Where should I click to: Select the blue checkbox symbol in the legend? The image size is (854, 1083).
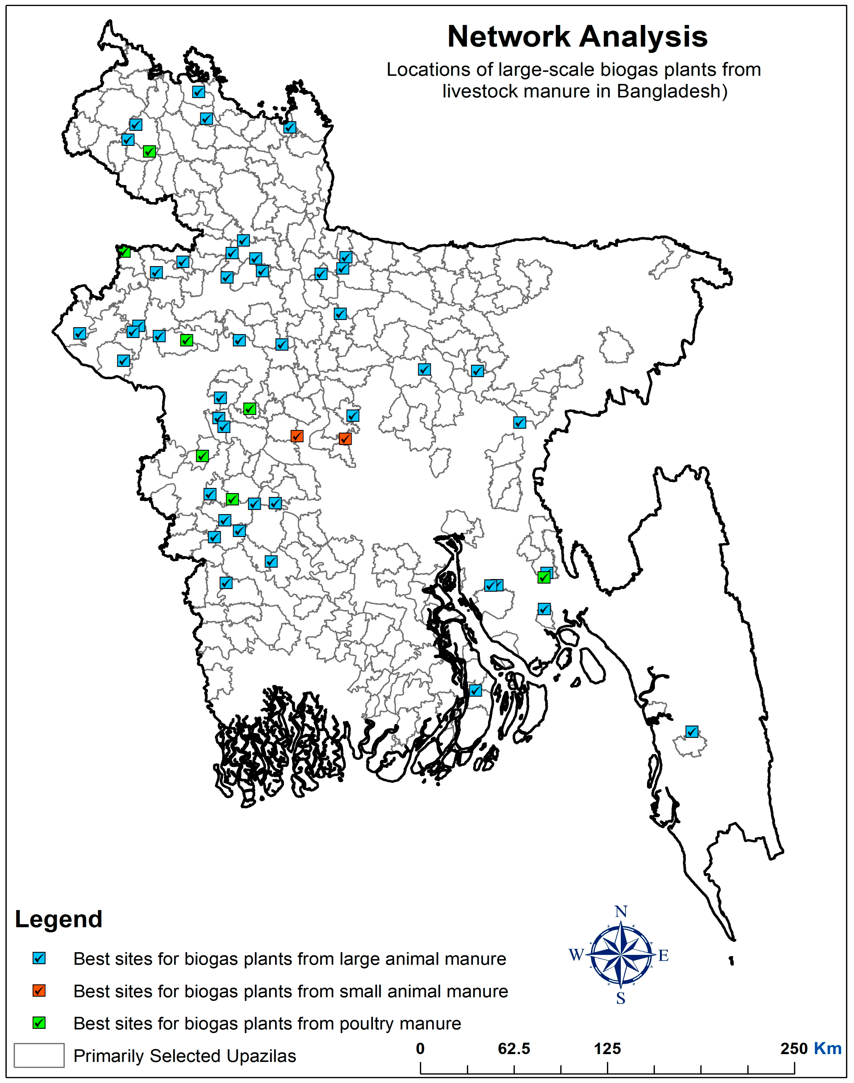point(39,958)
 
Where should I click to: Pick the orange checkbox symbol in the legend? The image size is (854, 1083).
point(39,991)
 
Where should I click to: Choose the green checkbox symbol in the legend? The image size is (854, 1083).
point(39,1022)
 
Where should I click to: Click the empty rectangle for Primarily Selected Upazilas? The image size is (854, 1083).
point(39,1055)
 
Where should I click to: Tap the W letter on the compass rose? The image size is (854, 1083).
point(576,955)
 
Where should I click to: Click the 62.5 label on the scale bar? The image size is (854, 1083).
point(514,1049)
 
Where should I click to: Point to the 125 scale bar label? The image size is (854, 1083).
point(608,1049)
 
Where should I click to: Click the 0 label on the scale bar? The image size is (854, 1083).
point(420,1049)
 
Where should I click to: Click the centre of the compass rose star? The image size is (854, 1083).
point(621,955)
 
